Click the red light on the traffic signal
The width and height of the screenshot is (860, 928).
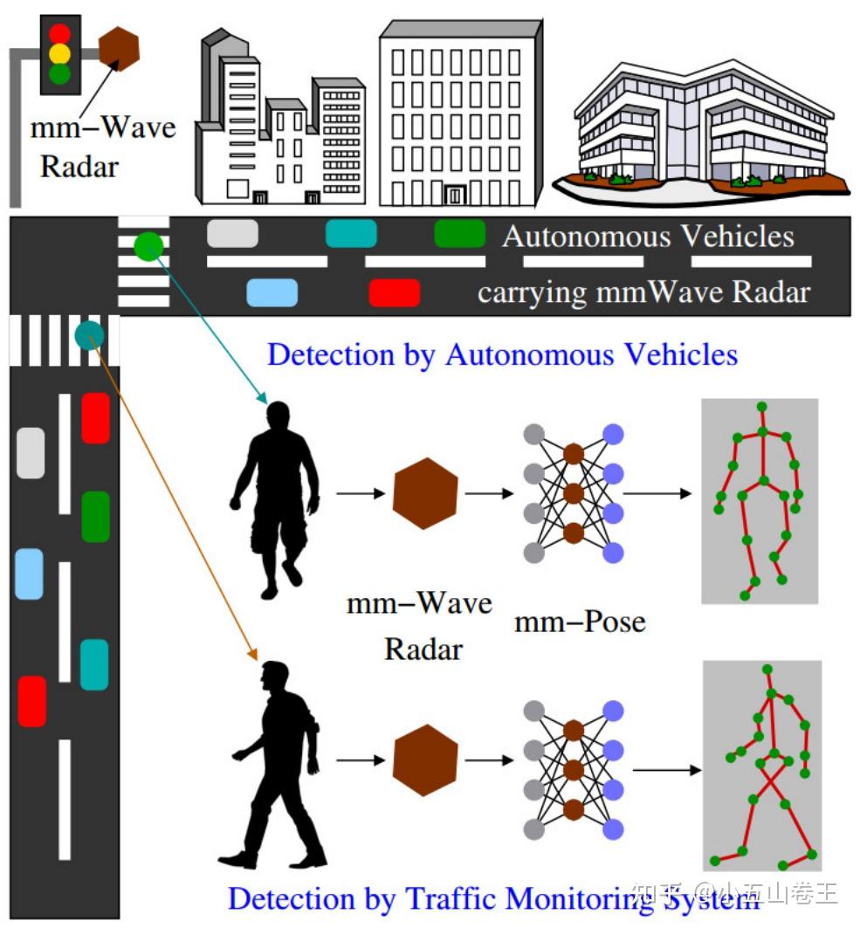[x=59, y=33]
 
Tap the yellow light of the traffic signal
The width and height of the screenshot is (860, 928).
[x=59, y=53]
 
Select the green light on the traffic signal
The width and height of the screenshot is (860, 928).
[x=59, y=74]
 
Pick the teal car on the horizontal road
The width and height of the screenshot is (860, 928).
[x=351, y=234]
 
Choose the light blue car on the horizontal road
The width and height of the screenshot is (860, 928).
[x=272, y=292]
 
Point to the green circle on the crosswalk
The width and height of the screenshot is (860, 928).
[x=148, y=246]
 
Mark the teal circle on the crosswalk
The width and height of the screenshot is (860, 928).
[x=89, y=334]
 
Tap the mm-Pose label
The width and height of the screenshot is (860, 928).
[x=580, y=622]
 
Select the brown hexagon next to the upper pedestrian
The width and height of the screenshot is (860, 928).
[x=425, y=493]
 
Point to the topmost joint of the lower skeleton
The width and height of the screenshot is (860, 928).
[x=767, y=670]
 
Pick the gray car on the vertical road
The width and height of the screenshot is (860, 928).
[x=31, y=453]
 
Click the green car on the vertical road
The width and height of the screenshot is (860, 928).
[x=95, y=516]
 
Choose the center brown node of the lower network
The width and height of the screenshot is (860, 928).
[x=573, y=770]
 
